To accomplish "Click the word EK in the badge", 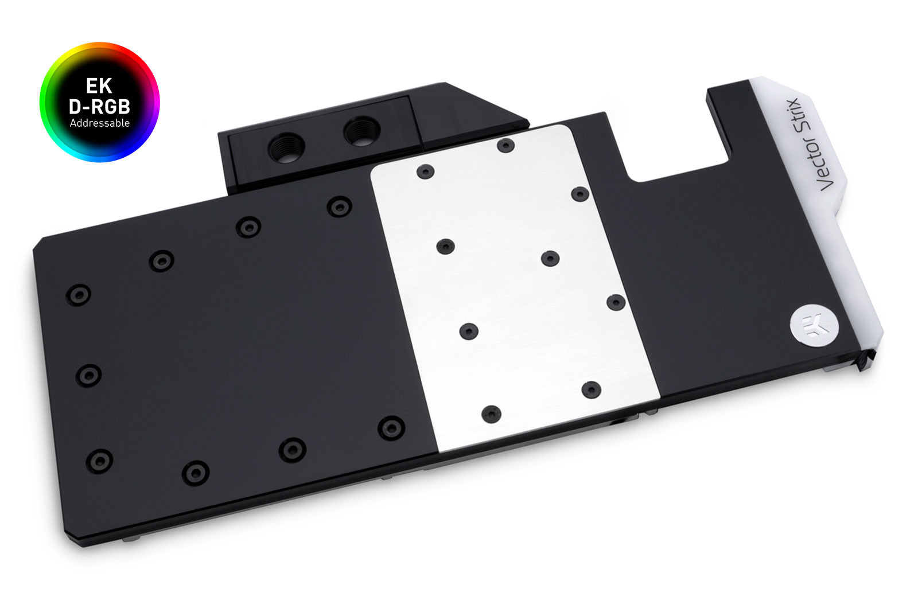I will [99, 86].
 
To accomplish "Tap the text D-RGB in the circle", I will [99, 106].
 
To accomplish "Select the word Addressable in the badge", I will [99, 123].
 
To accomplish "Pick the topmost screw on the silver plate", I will [505, 145].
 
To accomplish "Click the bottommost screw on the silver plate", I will [491, 414].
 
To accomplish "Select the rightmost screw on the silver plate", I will [615, 302].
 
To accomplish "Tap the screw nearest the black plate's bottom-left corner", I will [99, 459].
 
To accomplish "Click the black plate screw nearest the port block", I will [339, 206].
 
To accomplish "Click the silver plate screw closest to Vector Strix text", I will [580, 194].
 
